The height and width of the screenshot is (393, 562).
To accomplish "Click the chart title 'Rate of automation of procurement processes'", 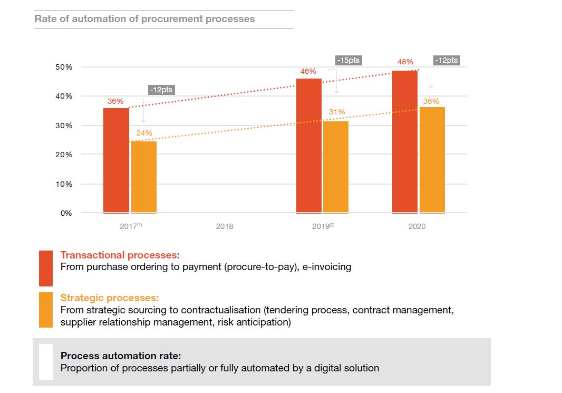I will click(144, 19).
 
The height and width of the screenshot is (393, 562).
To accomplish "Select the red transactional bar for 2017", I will click(116, 160).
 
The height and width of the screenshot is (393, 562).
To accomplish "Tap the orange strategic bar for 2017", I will click(144, 177).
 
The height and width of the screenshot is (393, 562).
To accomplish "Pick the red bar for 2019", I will click(309, 146).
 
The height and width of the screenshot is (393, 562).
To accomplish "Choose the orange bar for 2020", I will click(432, 160).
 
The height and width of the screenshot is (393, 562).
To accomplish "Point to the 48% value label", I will click(405, 62).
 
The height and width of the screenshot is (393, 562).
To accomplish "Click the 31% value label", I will click(337, 112).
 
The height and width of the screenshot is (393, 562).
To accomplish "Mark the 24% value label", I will click(144, 133).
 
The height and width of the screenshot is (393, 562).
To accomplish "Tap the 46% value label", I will click(308, 71).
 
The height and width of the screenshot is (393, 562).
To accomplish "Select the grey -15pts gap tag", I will click(348, 60).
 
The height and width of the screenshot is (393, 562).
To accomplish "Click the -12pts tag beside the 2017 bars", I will click(160, 90).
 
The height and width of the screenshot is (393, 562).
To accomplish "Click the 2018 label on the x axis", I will click(224, 226).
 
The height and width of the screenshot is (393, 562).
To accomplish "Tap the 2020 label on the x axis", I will click(416, 226).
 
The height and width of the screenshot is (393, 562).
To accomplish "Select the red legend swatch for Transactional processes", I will click(46, 268).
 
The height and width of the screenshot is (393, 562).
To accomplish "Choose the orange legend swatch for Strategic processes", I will click(46, 310).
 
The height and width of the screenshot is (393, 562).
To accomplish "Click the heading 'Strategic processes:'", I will click(110, 298).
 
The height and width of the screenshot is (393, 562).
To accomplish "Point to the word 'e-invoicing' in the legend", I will click(327, 267).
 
